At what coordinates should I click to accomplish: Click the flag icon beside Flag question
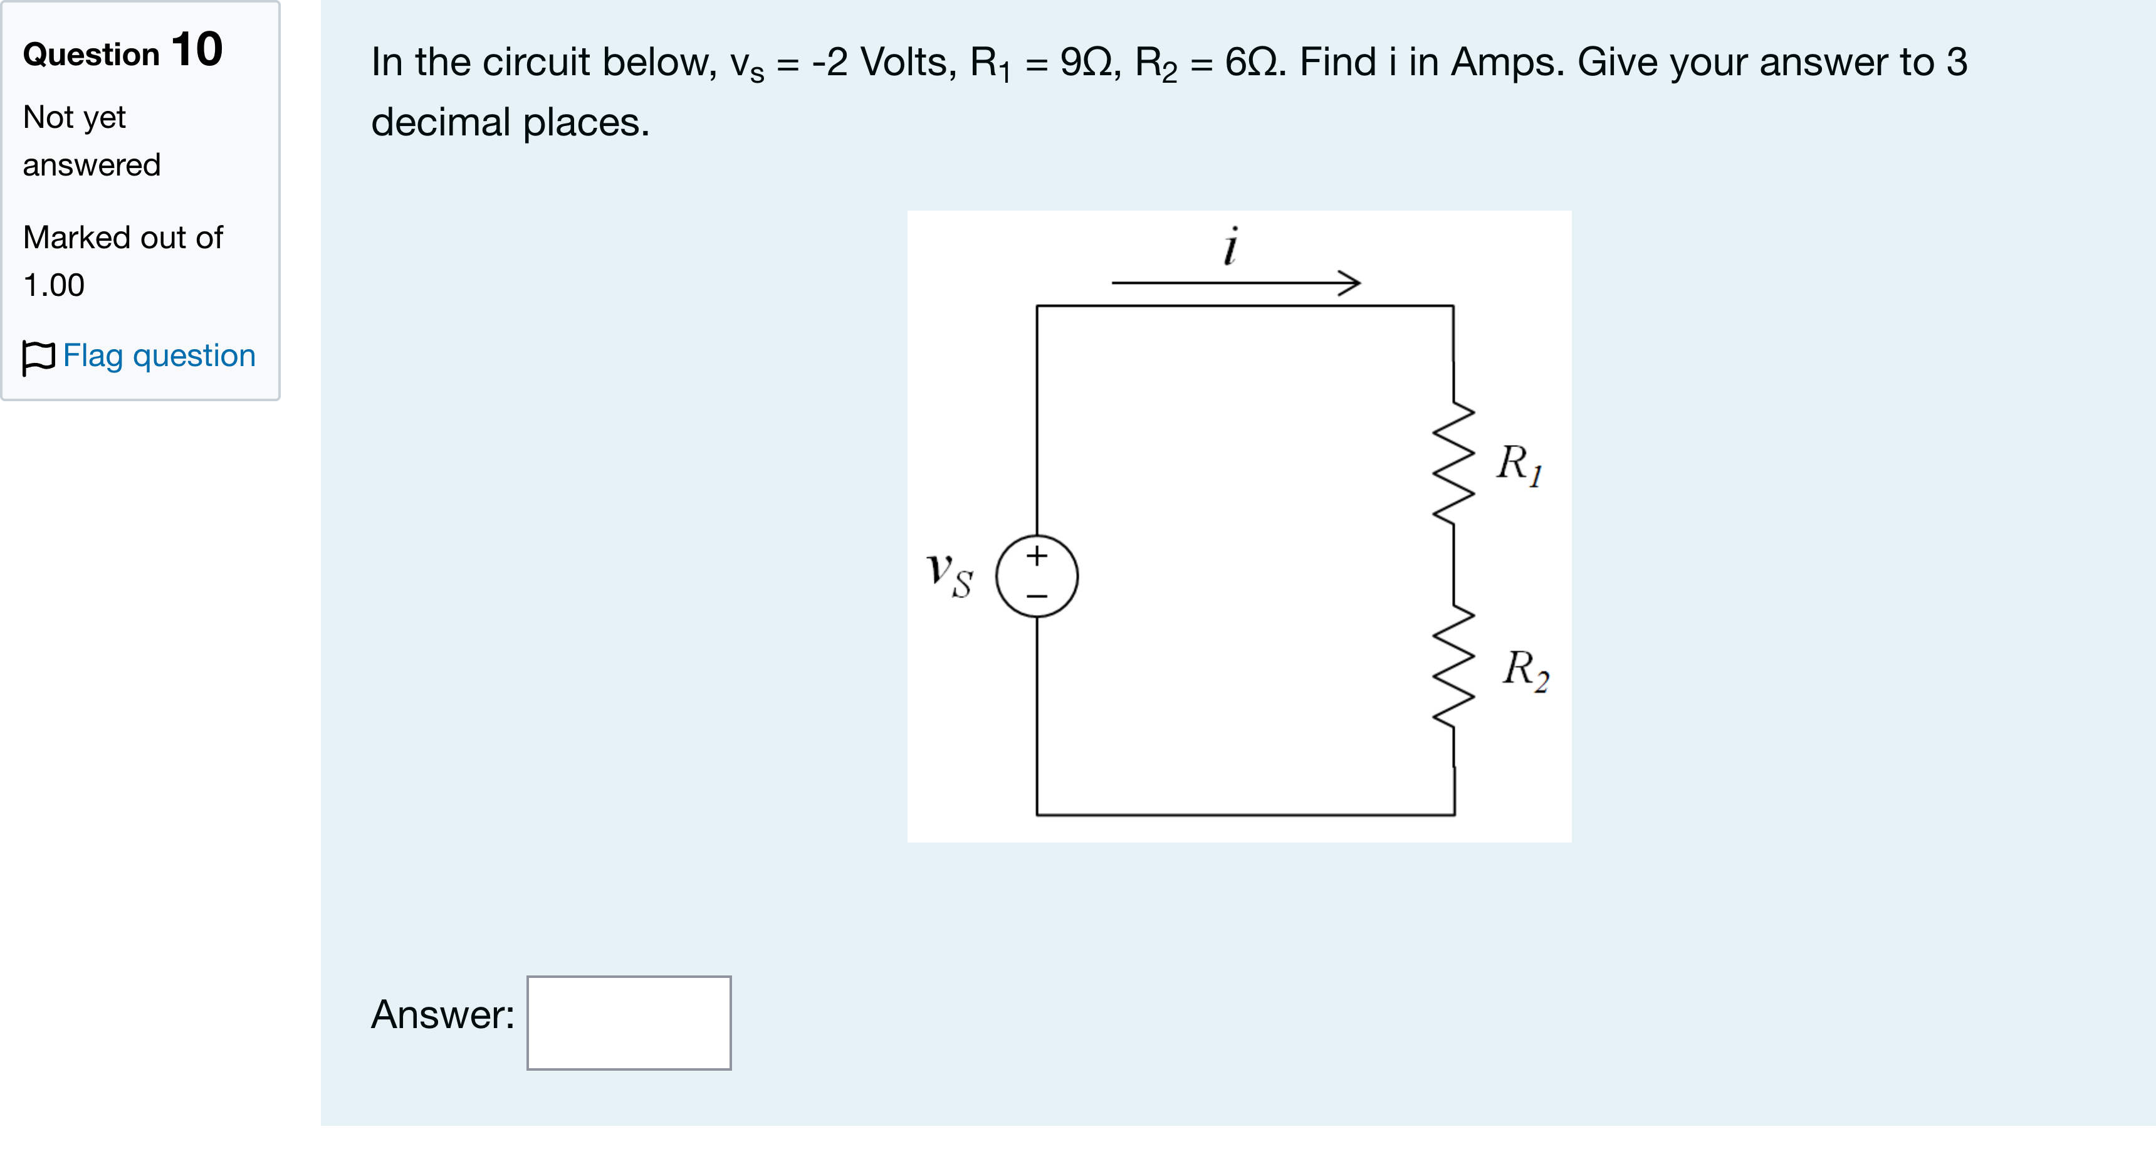(x=38, y=358)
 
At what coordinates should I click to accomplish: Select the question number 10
(x=197, y=50)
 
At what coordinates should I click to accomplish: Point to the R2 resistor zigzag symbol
(x=1454, y=666)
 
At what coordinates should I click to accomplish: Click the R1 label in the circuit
(x=1520, y=464)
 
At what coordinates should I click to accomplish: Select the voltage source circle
(x=1037, y=536)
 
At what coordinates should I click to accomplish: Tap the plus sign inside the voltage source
(x=1037, y=556)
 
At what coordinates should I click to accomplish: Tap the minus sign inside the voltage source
(x=1037, y=596)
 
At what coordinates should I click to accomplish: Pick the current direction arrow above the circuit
(x=1236, y=283)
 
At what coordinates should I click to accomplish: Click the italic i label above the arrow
(x=1230, y=246)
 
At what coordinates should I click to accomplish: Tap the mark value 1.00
(x=53, y=285)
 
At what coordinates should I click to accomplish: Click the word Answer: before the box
(x=442, y=1014)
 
